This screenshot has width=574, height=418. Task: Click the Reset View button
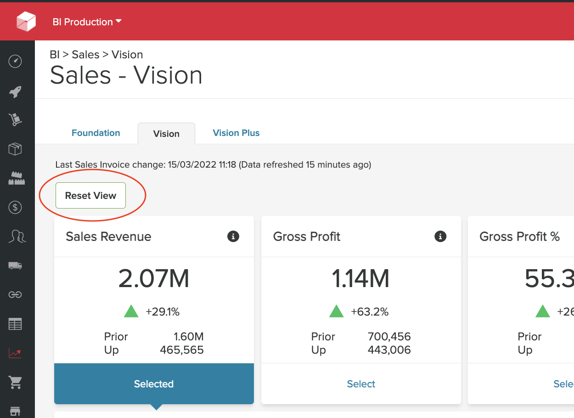tap(90, 196)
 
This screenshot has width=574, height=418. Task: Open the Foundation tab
tap(96, 133)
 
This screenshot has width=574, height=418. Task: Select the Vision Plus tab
tap(236, 133)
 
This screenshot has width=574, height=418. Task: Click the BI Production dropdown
tap(87, 22)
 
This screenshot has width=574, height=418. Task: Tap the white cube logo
tap(26, 21)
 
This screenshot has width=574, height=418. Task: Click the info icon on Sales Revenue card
tap(233, 237)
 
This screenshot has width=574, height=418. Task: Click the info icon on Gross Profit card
tap(440, 237)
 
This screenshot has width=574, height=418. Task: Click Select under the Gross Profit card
tap(361, 384)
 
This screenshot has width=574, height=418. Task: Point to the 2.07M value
tap(154, 279)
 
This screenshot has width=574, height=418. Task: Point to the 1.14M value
tap(360, 279)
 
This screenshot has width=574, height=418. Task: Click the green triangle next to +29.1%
tap(131, 311)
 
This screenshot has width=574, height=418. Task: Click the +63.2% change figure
tap(370, 312)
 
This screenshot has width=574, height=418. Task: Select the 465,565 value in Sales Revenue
tap(182, 350)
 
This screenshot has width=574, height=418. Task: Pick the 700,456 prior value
tap(389, 337)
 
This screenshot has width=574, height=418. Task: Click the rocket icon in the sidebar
tap(15, 91)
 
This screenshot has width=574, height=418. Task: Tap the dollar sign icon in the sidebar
tap(15, 208)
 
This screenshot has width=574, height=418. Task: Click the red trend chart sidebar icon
tap(15, 353)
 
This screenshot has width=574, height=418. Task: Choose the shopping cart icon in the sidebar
tap(15, 382)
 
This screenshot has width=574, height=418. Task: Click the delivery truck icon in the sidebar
tap(15, 265)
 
